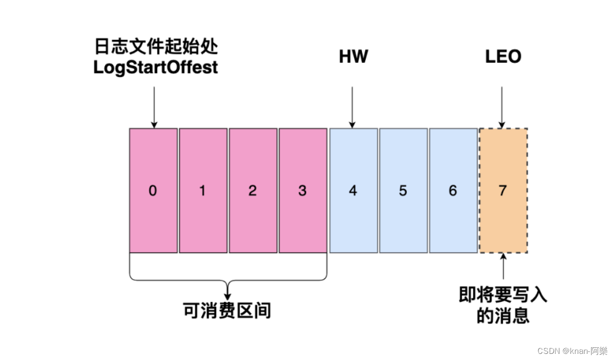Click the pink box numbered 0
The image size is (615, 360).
click(153, 190)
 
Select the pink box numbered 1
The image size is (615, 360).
click(203, 190)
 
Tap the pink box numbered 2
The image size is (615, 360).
click(253, 190)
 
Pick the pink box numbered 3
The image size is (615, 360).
click(302, 190)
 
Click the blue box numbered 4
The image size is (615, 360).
click(353, 190)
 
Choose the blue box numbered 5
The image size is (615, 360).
click(403, 190)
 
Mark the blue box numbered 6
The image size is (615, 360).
click(453, 190)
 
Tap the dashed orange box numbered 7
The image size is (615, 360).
click(503, 190)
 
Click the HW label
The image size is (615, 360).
click(353, 57)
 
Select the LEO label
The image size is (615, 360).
click(503, 57)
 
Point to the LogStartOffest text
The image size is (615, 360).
click(156, 67)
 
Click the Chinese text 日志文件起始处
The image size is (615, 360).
click(156, 48)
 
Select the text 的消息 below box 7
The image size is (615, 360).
click(503, 316)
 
